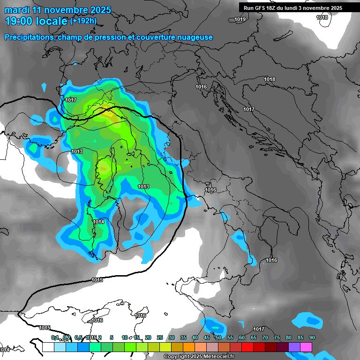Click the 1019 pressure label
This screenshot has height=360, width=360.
(x=240, y=20)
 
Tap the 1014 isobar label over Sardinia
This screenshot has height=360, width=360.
(x=98, y=222)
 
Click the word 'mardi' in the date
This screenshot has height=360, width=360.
(x=17, y=10)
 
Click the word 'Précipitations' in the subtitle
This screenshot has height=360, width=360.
(x=29, y=37)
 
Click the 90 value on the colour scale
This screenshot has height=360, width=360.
(x=312, y=337)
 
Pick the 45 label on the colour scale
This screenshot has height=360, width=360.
(x=207, y=337)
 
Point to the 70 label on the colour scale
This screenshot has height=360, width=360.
(x=265, y=337)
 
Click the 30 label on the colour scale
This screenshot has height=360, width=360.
(x=172, y=337)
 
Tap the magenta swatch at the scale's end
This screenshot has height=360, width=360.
(x=306, y=347)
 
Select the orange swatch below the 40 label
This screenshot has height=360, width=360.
(x=189, y=347)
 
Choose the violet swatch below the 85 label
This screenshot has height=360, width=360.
(x=294, y=347)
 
